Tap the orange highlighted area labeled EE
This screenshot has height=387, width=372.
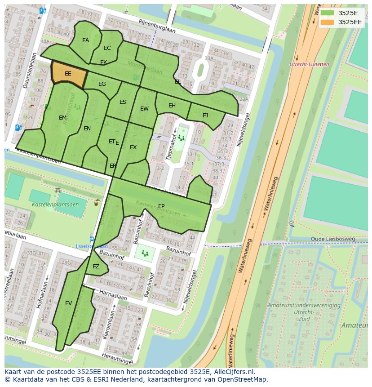click(68, 74)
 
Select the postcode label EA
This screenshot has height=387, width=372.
click(85, 40)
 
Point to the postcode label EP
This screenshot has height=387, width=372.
click(161, 206)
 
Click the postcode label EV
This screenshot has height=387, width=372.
click(68, 303)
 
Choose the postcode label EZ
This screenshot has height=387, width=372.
click(96, 267)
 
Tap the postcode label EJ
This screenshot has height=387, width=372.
click(205, 116)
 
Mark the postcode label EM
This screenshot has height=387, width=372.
click(62, 118)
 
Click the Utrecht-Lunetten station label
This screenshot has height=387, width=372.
click(310, 64)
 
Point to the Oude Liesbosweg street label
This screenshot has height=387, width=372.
click(333, 239)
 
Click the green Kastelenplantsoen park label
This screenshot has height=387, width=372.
click(55, 205)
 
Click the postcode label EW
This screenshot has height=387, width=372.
click(144, 109)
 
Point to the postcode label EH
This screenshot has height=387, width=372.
click(172, 106)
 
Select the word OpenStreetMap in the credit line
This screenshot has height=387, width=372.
click(243, 380)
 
